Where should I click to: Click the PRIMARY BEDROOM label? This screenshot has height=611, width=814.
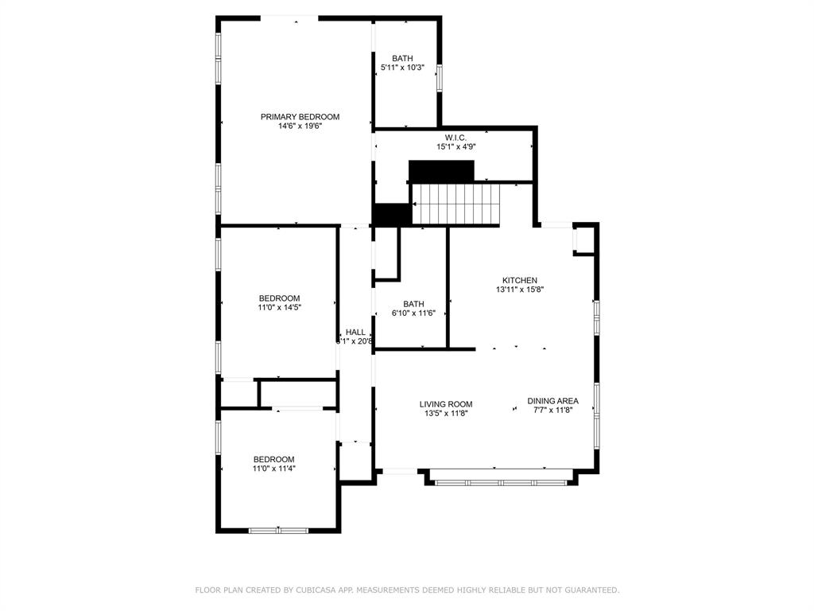point(300,117)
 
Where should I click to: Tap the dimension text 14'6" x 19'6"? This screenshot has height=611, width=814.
point(300,126)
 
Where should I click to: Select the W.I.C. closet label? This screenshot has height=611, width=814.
point(455,138)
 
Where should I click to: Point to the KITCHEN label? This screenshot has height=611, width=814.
point(519,280)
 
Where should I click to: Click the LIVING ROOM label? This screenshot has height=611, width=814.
point(446,404)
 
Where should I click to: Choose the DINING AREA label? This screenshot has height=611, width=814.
point(552,401)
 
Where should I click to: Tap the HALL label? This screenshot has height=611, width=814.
point(355,333)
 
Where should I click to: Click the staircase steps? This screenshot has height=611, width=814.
point(457,204)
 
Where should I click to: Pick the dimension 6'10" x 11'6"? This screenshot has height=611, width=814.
point(413,313)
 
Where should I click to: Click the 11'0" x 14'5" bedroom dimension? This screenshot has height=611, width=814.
point(279,307)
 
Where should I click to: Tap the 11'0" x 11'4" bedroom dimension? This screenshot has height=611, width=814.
point(274,469)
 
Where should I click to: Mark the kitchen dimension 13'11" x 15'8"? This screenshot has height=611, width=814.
point(519,290)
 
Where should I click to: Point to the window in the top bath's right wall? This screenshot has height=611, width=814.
point(439,77)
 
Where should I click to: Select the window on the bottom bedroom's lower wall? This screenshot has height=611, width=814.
point(278,530)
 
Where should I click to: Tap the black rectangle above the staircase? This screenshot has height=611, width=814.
point(441,171)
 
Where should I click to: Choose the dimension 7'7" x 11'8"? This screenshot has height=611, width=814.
point(552,410)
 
